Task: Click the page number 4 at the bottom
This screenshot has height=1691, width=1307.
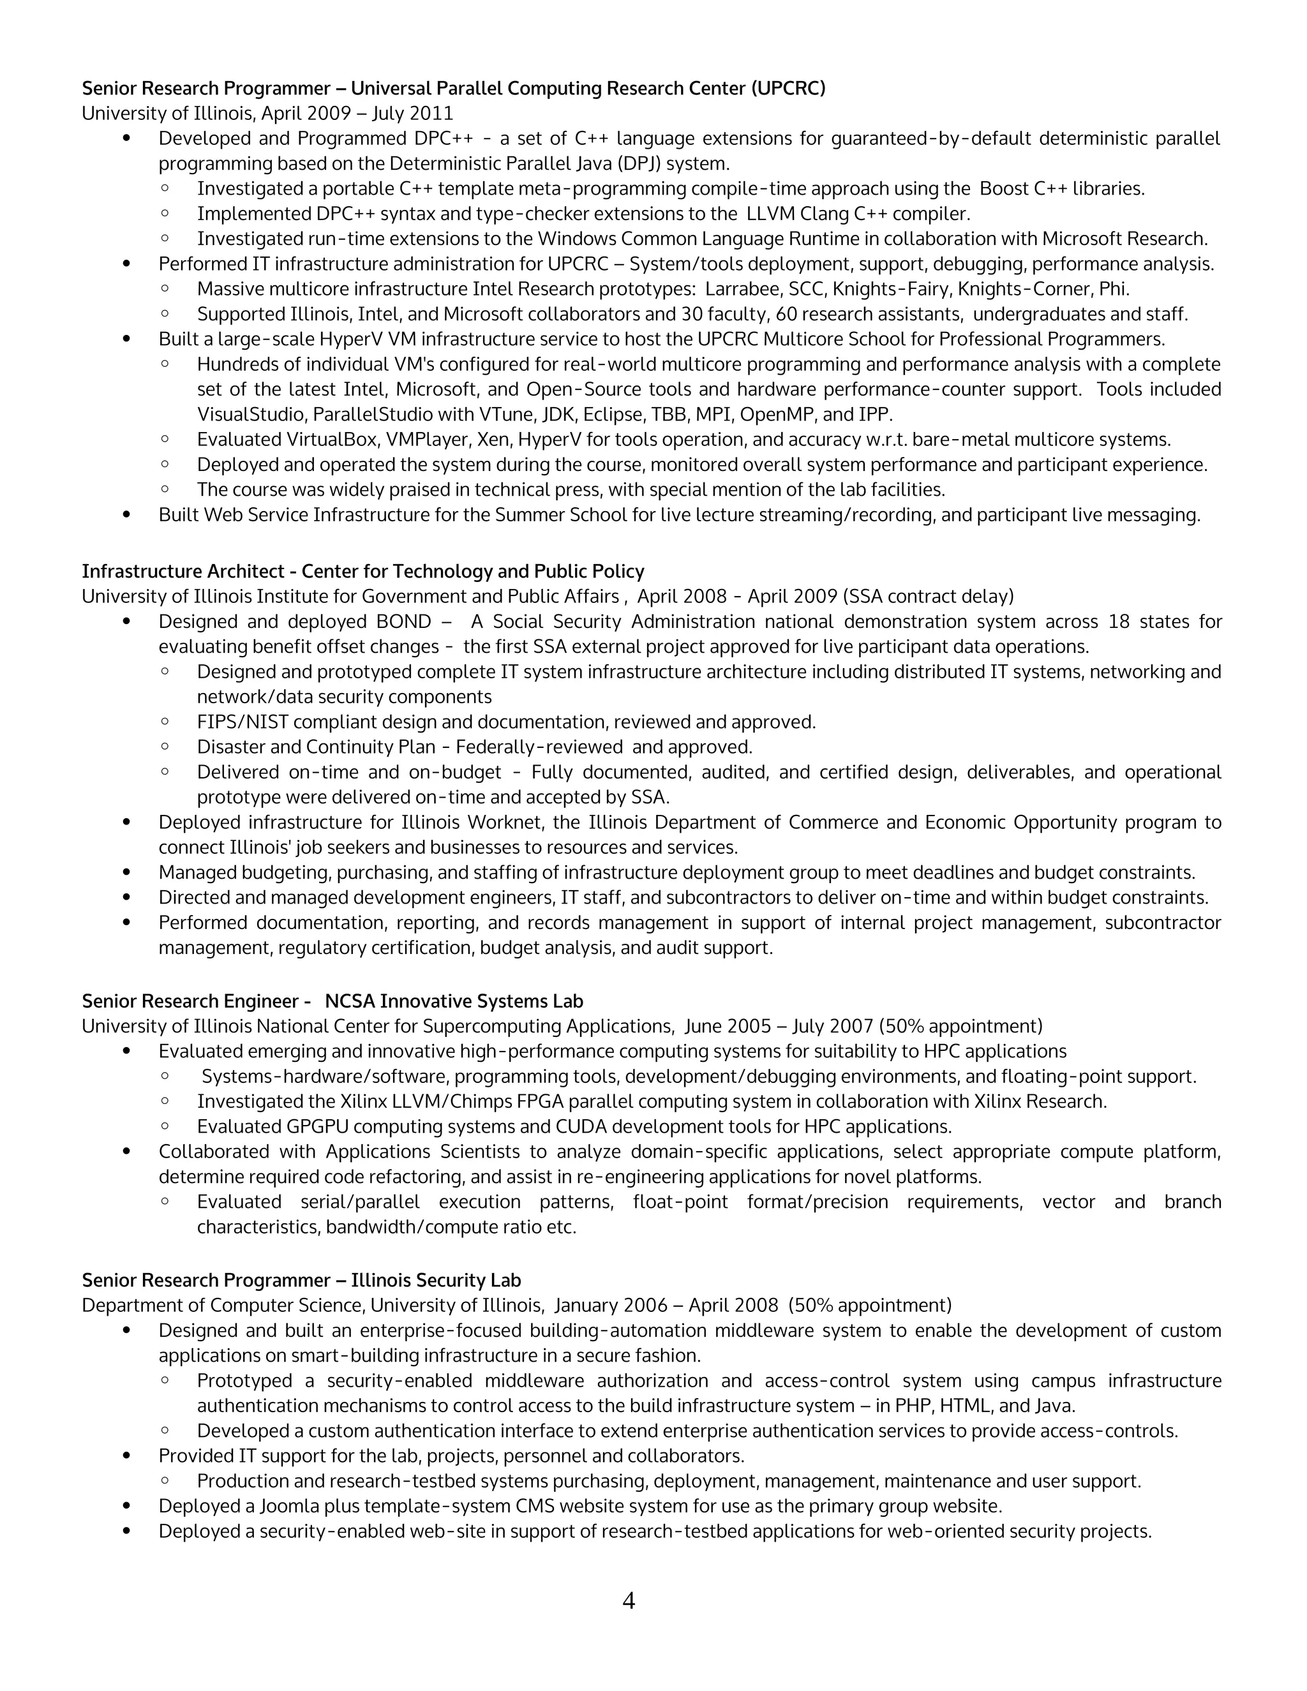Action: click(628, 1600)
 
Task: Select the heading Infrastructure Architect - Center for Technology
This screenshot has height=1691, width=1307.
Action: click(362, 571)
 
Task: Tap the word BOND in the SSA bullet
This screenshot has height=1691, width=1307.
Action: click(403, 622)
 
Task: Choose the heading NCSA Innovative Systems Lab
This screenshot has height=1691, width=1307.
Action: click(454, 1001)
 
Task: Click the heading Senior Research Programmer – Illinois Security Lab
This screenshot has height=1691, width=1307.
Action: click(301, 1280)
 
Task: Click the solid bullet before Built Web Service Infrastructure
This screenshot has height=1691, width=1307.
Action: click(127, 515)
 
